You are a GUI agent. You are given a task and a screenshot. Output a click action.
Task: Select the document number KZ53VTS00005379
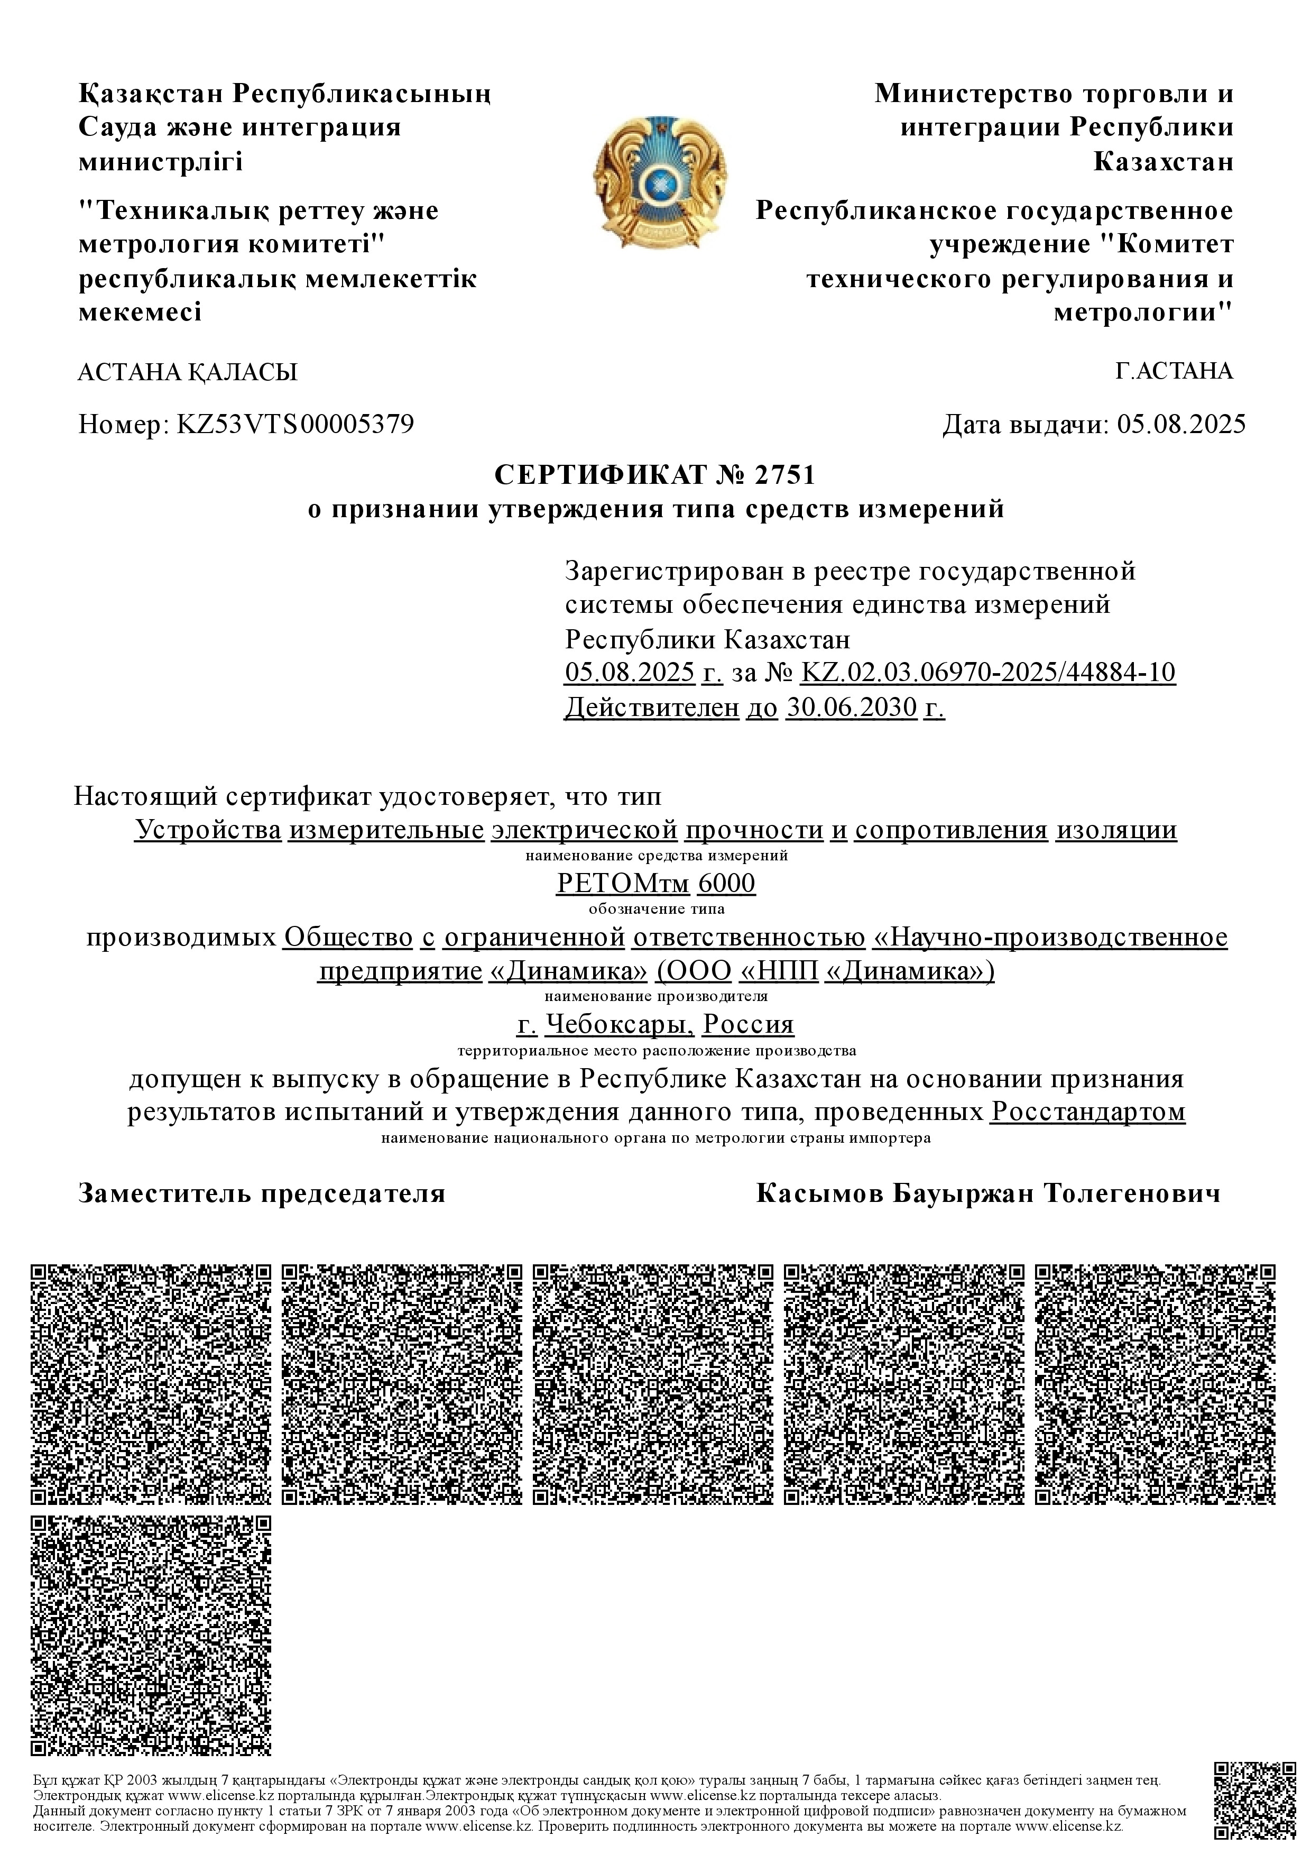coord(295,424)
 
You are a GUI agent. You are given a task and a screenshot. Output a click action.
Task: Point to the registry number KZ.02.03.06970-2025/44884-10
coord(987,672)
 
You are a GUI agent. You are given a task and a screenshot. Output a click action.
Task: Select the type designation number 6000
coord(726,883)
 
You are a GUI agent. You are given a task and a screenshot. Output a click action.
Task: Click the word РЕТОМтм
coord(623,883)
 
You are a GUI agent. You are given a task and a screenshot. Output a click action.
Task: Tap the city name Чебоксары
coord(618,1024)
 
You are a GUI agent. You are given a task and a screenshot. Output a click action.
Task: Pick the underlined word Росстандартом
coord(1088,1112)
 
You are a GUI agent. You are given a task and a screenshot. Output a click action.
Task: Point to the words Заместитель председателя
coord(262,1193)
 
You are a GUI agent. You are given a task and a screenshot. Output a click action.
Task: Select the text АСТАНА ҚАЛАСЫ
coord(188,372)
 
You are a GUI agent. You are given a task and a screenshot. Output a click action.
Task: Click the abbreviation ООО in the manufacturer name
coord(695,970)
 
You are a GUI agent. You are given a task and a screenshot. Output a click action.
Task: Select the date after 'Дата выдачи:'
coord(1181,424)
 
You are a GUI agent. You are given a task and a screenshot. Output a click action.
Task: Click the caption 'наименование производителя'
coord(656,996)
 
